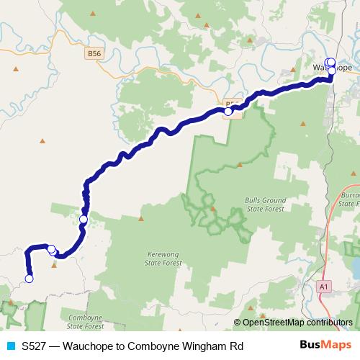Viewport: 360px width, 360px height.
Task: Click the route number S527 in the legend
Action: [33, 346]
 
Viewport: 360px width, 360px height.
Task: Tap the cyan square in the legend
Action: [9, 346]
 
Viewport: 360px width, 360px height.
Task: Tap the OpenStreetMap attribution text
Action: [297, 323]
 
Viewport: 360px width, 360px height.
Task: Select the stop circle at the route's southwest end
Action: [30, 279]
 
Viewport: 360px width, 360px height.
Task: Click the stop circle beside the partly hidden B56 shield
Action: [228, 111]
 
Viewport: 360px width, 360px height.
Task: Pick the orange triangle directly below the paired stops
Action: [55, 264]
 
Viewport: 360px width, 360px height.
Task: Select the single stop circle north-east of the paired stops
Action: [84, 219]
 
